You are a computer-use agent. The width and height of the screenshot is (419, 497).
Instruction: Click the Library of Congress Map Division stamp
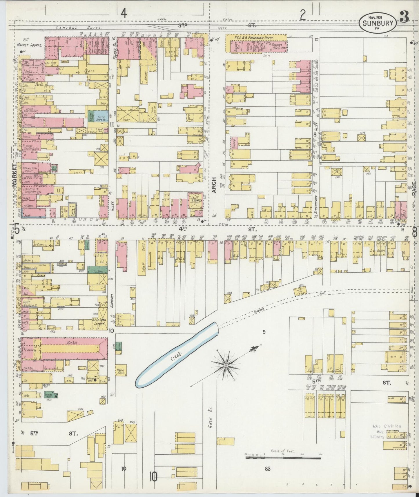click(386, 431)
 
